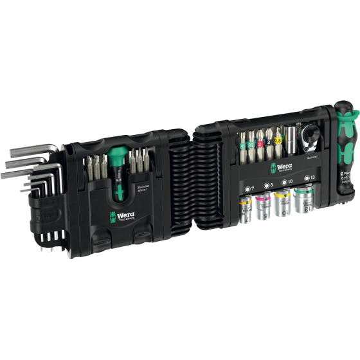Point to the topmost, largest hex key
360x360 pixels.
(x=26, y=134)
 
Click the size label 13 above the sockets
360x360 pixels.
(x=312, y=177)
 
